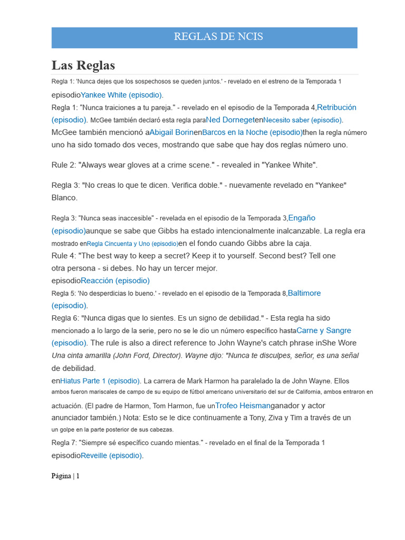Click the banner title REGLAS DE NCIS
tap(218, 37)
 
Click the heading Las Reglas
tap(83, 65)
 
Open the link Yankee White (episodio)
tap(121, 95)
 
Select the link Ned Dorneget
tap(230, 120)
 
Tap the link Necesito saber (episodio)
tap(303, 120)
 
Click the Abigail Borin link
tap(171, 132)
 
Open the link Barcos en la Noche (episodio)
tap(252, 132)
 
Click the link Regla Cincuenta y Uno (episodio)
tap(132, 244)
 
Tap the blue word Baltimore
tap(304, 293)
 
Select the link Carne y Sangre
tap(324, 331)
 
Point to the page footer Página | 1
tap(65, 476)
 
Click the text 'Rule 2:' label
tap(64, 165)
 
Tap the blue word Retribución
tap(336, 107)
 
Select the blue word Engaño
tap(302, 218)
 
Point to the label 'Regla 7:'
tap(65, 442)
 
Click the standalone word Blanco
tap(64, 198)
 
